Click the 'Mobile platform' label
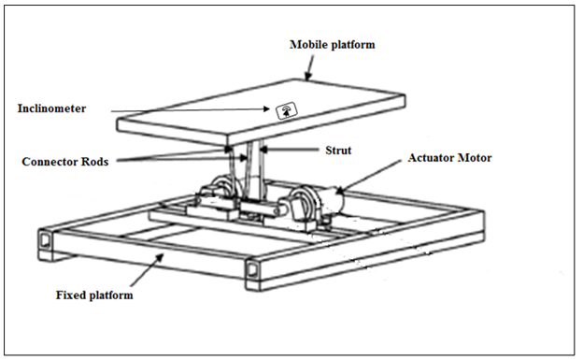(332, 45)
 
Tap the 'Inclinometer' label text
(51, 108)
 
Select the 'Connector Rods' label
(65, 162)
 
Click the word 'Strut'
(338, 150)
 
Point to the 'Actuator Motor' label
(450, 158)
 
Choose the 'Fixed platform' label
(94, 295)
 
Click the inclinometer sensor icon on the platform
(286, 111)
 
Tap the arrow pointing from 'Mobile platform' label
(309, 68)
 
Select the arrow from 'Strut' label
(290, 150)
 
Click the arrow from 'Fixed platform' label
(147, 269)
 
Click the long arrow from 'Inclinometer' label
(191, 109)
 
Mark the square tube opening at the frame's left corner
(45, 239)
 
